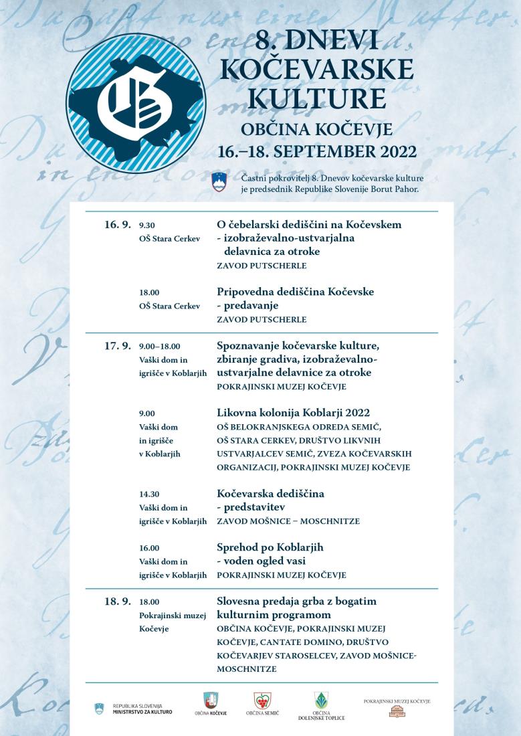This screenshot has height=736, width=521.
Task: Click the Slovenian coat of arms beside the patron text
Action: coord(219,182)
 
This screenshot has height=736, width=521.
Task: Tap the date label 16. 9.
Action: coord(118,225)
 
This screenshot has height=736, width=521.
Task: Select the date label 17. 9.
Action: coord(118,346)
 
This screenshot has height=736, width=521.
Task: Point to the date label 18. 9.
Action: coord(118,602)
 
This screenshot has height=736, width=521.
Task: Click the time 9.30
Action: coord(147,225)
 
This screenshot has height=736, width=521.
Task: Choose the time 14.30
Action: coord(150,494)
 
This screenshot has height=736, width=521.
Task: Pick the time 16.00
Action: coord(150,548)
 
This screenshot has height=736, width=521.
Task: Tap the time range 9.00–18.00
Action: coord(160,347)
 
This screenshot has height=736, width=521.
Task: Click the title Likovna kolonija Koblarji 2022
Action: coord(294,412)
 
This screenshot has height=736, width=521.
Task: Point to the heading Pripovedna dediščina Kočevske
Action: coord(295,292)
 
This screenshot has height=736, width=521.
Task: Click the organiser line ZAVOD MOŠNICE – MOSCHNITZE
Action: coord(288,521)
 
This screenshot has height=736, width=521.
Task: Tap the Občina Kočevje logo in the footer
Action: coord(210,703)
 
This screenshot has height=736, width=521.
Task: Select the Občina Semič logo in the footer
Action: coord(262,703)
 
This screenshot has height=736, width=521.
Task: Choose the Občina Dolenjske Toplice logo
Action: coord(322,705)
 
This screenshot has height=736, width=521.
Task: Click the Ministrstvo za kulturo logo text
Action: coord(142,709)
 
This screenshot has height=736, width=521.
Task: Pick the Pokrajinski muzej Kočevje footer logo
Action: coord(397,707)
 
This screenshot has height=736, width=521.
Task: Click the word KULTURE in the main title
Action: coord(316,98)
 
